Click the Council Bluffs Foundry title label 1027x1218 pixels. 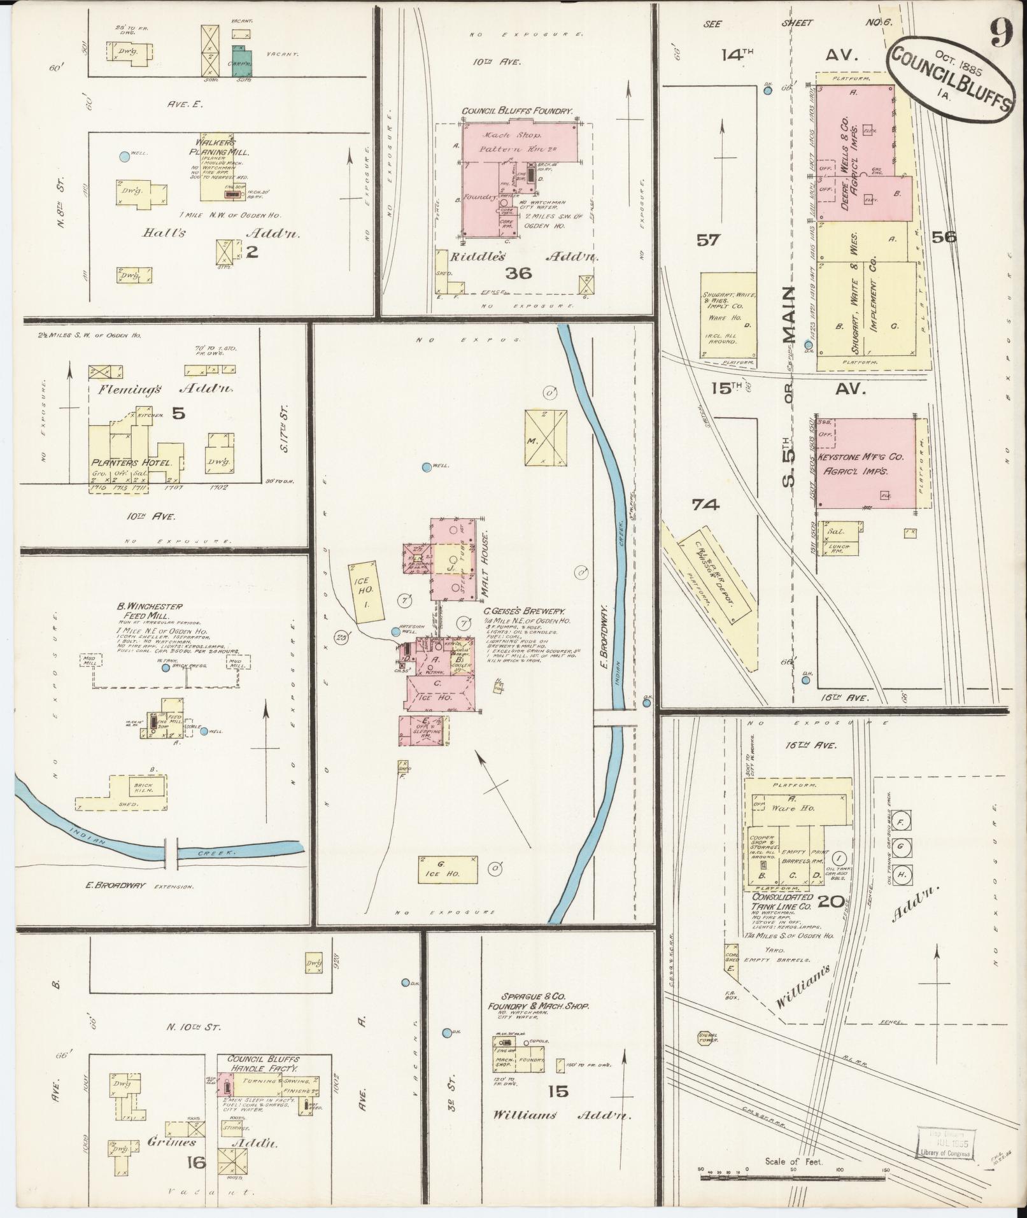click(x=517, y=111)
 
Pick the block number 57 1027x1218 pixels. click(x=707, y=240)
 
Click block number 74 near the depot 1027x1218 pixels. click(x=705, y=505)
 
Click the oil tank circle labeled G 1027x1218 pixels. click(x=901, y=847)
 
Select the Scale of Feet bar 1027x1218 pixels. click(x=793, y=1177)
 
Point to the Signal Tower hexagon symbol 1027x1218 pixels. click(x=707, y=1037)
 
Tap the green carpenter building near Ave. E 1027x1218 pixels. click(x=241, y=60)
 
